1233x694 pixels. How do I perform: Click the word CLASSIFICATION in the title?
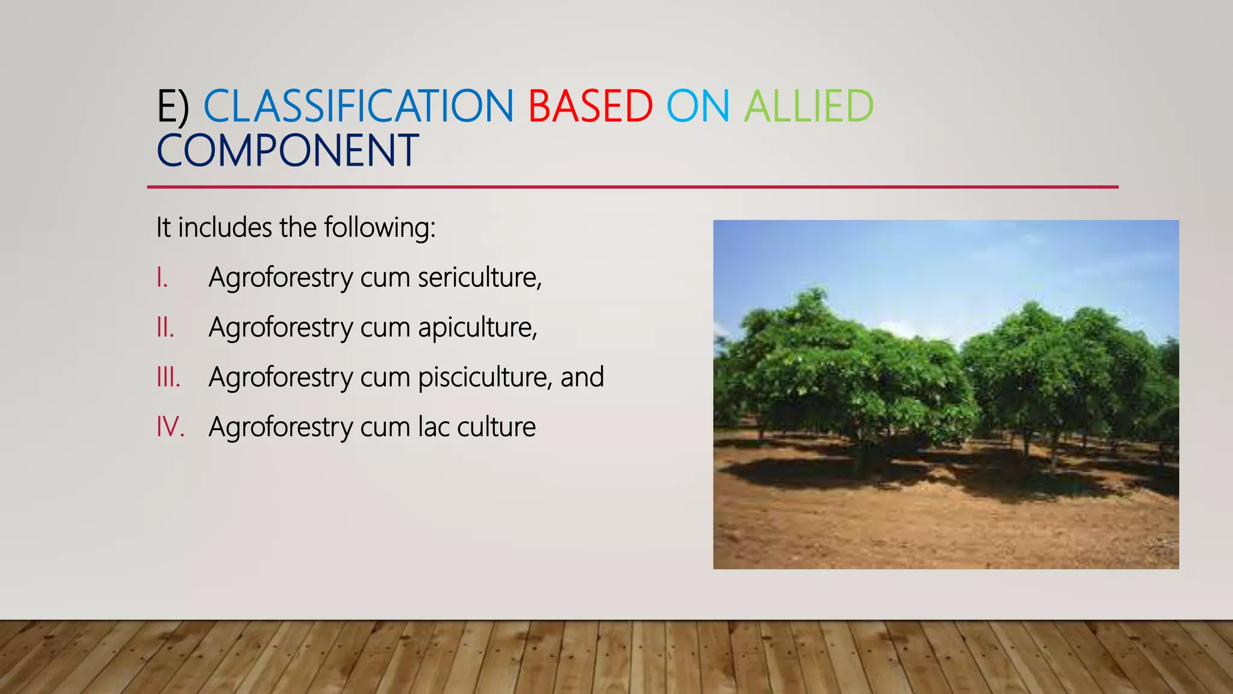click(x=358, y=107)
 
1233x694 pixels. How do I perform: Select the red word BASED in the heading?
click(x=590, y=107)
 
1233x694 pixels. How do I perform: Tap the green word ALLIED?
click(x=809, y=107)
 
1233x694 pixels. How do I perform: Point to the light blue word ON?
click(x=698, y=107)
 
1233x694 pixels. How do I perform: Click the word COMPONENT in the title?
click(x=288, y=151)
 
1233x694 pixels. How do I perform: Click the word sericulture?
click(x=479, y=278)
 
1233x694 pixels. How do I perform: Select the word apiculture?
click(x=477, y=328)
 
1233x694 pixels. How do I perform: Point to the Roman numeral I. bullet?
click(x=162, y=278)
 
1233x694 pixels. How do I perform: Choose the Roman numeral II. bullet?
click(x=165, y=328)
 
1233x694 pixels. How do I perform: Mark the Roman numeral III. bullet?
click(x=168, y=378)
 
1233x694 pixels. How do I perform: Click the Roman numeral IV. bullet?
click(x=170, y=427)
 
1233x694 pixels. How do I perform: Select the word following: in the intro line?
click(x=379, y=228)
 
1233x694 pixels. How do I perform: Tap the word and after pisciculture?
click(x=582, y=378)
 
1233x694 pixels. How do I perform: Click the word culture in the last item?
click(x=496, y=427)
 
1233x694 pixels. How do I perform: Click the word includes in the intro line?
click(x=225, y=228)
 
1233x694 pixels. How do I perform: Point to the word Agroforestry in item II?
click(x=281, y=328)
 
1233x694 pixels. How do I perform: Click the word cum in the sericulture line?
click(x=385, y=278)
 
